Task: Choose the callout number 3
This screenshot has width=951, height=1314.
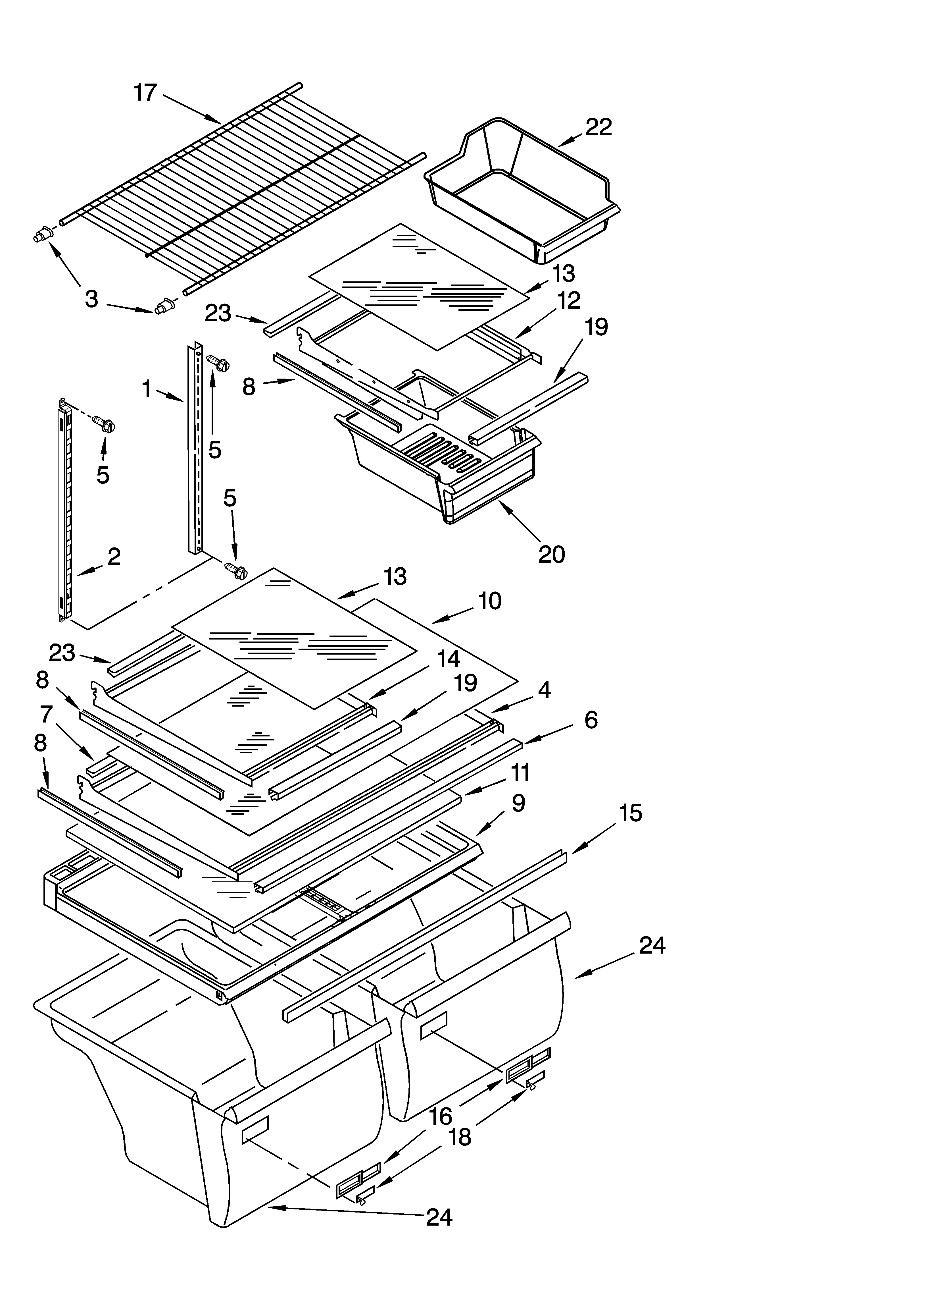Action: pos(91,299)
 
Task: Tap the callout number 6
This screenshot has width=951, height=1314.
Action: pos(591,720)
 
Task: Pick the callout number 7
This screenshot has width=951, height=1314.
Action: pos(46,714)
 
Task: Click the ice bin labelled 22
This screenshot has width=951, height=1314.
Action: pos(521,191)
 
